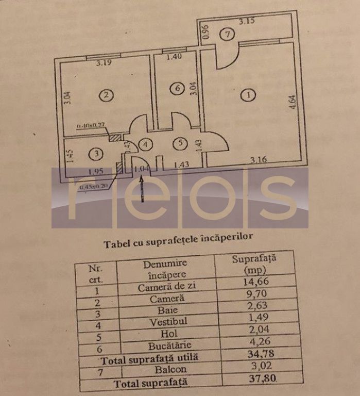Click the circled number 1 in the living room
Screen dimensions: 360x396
[x=248, y=95]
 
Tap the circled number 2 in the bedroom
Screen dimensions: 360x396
[x=106, y=95]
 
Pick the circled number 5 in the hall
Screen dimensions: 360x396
[x=179, y=144]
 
